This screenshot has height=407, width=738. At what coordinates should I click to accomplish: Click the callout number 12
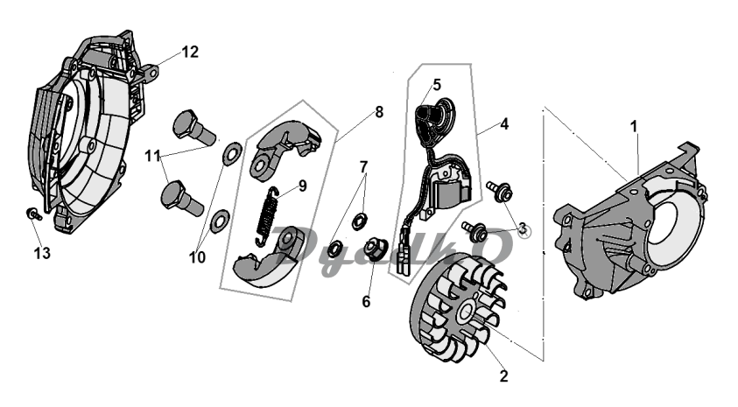pyautogui.click(x=190, y=52)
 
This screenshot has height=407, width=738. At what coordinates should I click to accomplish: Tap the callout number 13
pyautogui.click(x=42, y=253)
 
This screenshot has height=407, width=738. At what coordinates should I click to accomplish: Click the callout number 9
pyautogui.click(x=302, y=186)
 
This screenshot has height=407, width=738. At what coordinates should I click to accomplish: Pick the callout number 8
pyautogui.click(x=378, y=112)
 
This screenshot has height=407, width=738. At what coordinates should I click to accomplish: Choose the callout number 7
pyautogui.click(x=363, y=165)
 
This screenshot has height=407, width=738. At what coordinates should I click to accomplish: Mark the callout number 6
pyautogui.click(x=366, y=301)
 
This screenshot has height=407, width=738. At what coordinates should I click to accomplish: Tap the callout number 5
pyautogui.click(x=436, y=85)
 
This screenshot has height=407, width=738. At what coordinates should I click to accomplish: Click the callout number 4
pyautogui.click(x=503, y=124)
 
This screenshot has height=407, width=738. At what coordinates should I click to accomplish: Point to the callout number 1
pyautogui.click(x=633, y=127)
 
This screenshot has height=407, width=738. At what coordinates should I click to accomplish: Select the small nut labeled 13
pyautogui.click(x=32, y=214)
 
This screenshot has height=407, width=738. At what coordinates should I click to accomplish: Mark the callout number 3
pyautogui.click(x=523, y=228)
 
